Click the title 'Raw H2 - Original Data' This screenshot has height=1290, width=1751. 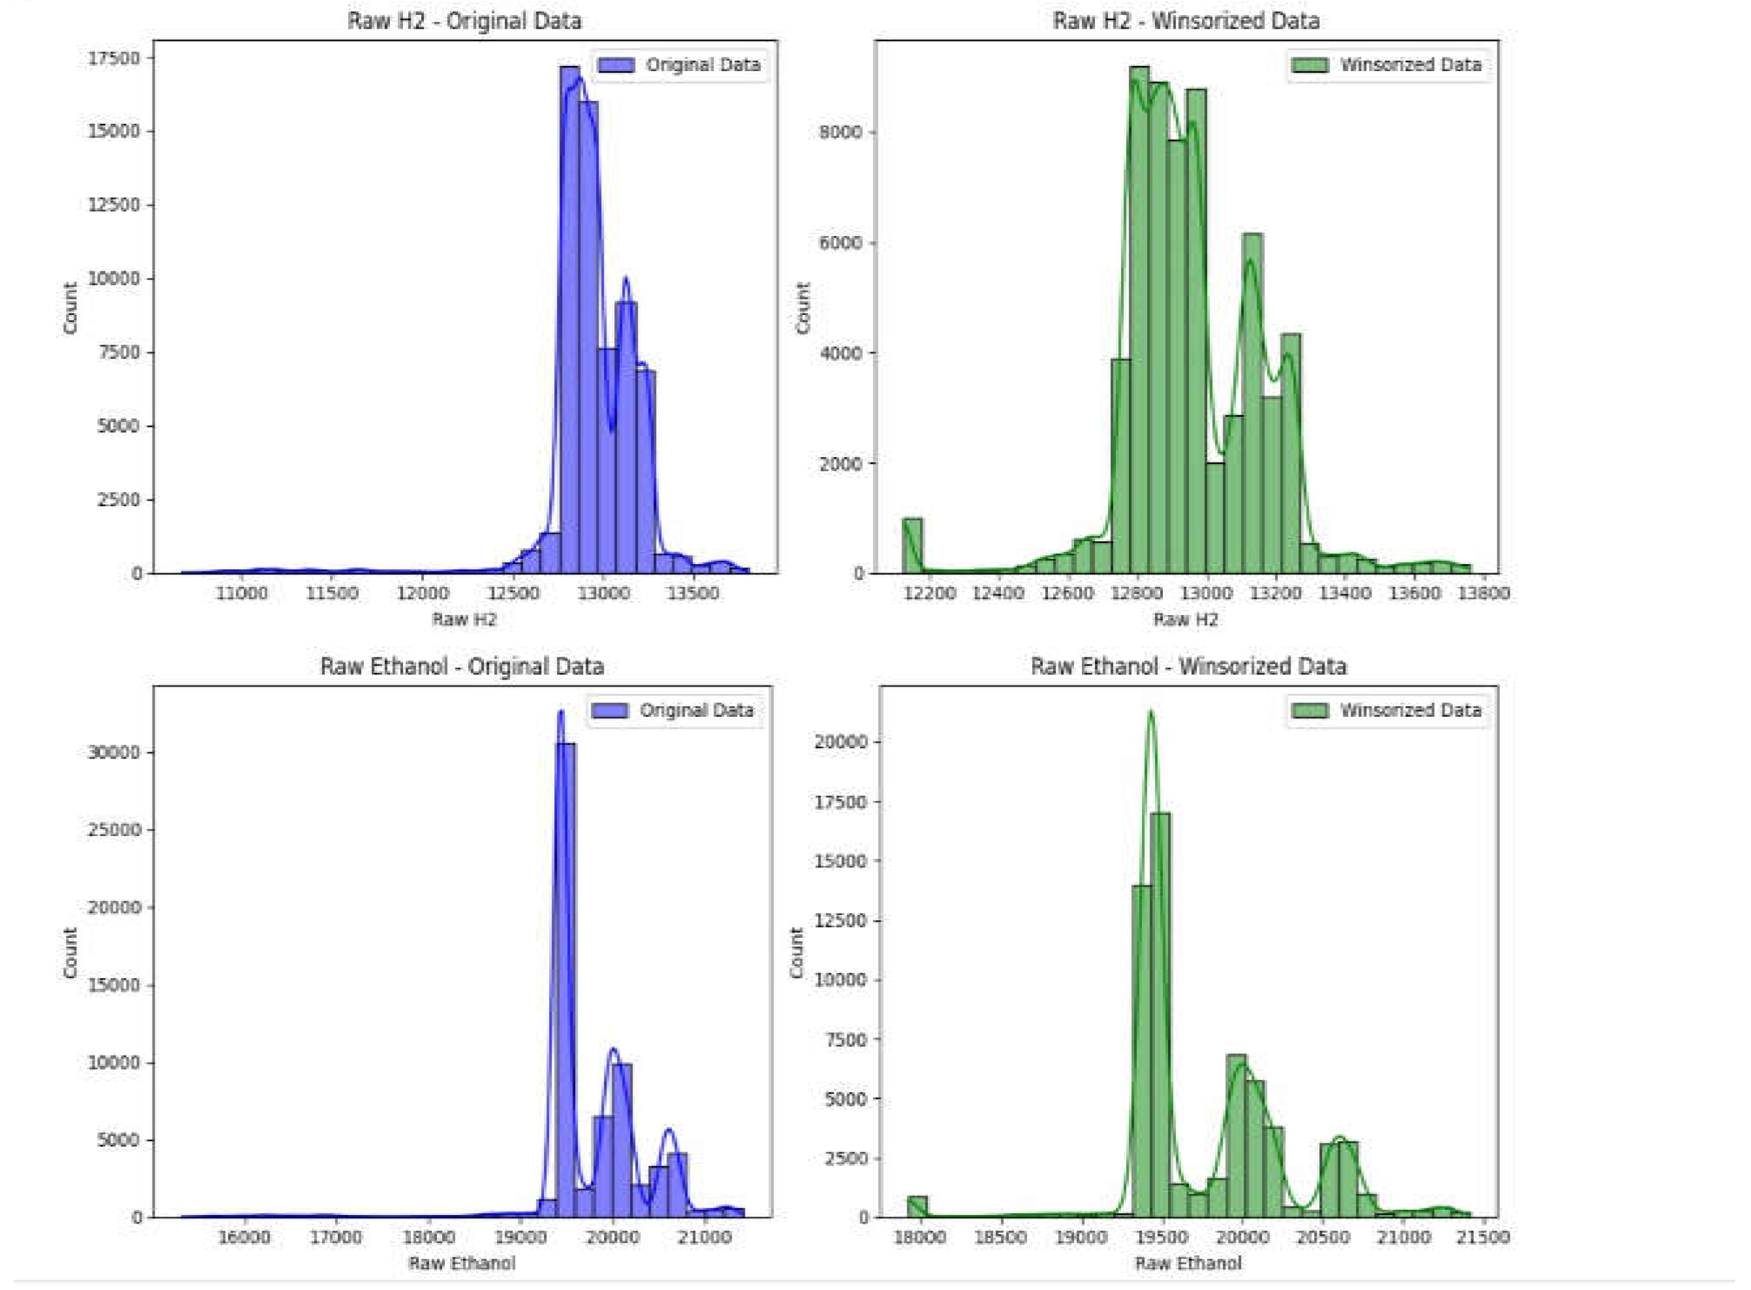(464, 20)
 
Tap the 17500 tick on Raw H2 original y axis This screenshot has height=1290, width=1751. (115, 59)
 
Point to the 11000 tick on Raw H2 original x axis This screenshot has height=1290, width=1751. (241, 593)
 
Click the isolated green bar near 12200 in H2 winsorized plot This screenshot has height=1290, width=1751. (912, 546)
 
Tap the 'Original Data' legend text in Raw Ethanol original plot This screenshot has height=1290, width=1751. (696, 710)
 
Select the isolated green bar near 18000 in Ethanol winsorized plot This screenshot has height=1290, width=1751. (918, 1207)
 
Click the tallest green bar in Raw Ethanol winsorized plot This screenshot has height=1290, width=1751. (1161, 1015)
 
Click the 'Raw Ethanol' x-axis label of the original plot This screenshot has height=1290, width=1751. (462, 1263)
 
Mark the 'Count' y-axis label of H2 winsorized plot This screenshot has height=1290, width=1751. (803, 308)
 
